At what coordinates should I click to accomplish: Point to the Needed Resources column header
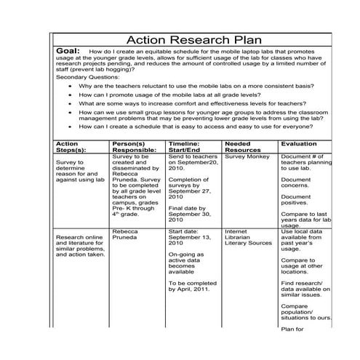244,147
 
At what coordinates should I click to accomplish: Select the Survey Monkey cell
247,156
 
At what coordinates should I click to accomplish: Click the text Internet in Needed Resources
236,232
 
